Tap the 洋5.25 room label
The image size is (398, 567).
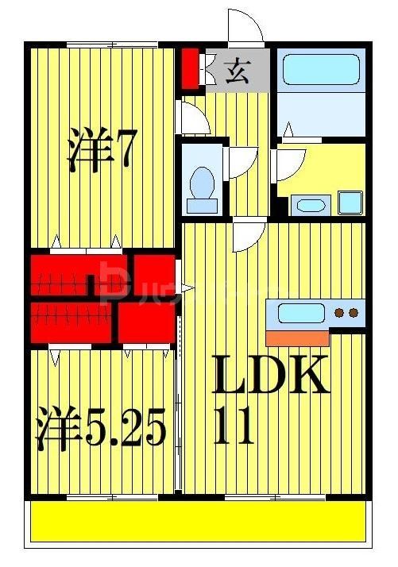(101, 429)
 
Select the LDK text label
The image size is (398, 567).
(270, 376)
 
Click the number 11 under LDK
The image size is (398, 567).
(234, 429)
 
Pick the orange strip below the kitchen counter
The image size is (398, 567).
(297, 337)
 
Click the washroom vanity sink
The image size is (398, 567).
(308, 205)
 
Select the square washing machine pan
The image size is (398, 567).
(350, 202)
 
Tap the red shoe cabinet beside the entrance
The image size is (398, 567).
(190, 69)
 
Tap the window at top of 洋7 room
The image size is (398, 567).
(100, 44)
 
